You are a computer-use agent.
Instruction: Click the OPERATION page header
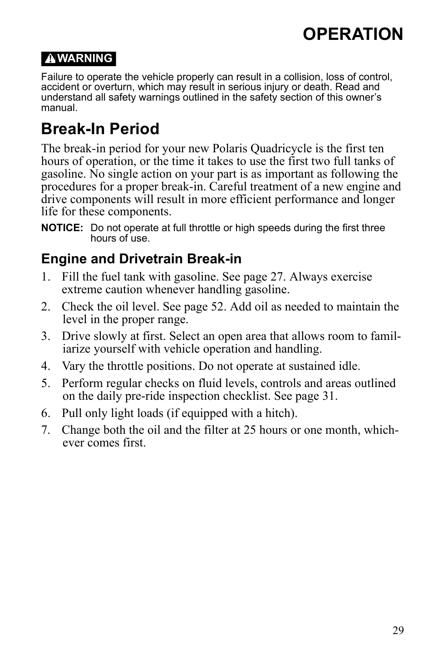tap(352, 34)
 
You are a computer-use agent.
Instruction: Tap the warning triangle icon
tap(51, 59)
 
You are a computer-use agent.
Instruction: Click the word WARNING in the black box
tap(85, 58)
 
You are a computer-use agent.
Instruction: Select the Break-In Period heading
tap(100, 129)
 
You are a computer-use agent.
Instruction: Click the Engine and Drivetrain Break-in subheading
tap(141, 259)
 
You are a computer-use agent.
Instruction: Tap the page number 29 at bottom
tap(398, 630)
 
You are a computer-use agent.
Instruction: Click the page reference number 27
tap(279, 277)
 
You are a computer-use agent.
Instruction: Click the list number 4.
tap(45, 366)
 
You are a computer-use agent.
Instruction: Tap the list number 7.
tap(45, 430)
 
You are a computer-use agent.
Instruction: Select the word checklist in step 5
tap(246, 396)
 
